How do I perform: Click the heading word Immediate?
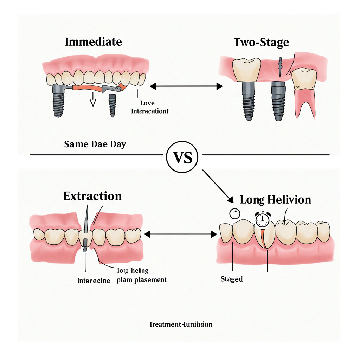[x=93, y=42]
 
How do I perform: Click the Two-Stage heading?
[x=261, y=43]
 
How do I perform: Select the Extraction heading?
[x=92, y=196]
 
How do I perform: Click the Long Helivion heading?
[x=275, y=200]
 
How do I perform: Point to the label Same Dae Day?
[x=95, y=144]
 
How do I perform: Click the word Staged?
[x=232, y=279]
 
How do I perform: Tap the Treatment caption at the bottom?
[x=181, y=324]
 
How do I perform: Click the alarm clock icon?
[x=262, y=219]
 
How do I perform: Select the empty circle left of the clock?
[x=234, y=214]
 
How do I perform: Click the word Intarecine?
[x=94, y=281]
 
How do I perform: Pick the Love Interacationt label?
[x=150, y=107]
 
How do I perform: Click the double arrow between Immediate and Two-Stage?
[x=186, y=86]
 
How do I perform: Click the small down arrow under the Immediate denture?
[x=93, y=100]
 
